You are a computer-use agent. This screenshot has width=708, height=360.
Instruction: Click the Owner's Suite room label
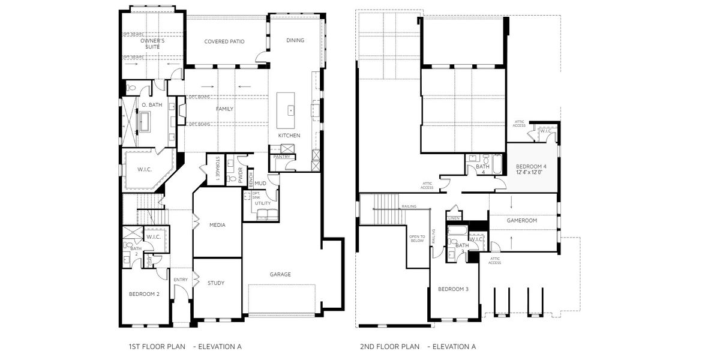153,44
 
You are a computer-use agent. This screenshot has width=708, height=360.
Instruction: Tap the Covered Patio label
224,41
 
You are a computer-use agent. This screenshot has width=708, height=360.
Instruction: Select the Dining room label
295,40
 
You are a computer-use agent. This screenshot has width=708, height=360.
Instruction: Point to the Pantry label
281,157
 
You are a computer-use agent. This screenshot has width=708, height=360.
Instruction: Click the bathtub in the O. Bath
148,121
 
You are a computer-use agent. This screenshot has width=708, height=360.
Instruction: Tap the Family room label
224,109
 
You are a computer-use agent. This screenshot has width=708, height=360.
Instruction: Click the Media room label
217,225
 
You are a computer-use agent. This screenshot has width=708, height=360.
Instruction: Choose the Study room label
216,283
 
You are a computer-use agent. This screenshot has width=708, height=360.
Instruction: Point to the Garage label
280,274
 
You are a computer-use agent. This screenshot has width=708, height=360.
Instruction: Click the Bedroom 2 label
144,294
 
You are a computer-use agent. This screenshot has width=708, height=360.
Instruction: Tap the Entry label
181,280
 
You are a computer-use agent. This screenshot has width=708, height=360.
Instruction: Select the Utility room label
263,203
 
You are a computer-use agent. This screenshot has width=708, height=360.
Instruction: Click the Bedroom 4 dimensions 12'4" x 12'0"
529,172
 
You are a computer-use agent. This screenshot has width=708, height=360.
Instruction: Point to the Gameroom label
521,220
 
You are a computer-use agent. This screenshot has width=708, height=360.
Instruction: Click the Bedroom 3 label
453,289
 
